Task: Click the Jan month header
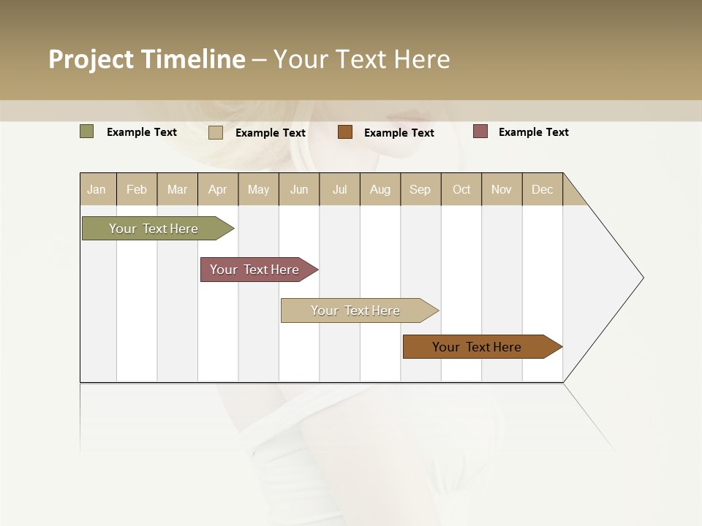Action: (97, 190)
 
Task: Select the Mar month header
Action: (177, 190)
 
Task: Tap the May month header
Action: (258, 190)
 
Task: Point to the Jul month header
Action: (339, 190)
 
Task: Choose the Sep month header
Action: (420, 190)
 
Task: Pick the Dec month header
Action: (542, 190)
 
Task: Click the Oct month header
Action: (461, 190)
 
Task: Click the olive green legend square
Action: (87, 131)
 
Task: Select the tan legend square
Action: (216, 132)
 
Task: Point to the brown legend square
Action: (345, 132)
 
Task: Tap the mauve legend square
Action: (480, 131)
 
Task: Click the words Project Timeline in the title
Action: (147, 59)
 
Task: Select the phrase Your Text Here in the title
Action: (361, 59)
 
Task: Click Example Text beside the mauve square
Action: (533, 132)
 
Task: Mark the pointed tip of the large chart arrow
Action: (642, 278)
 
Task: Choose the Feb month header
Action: (137, 190)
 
